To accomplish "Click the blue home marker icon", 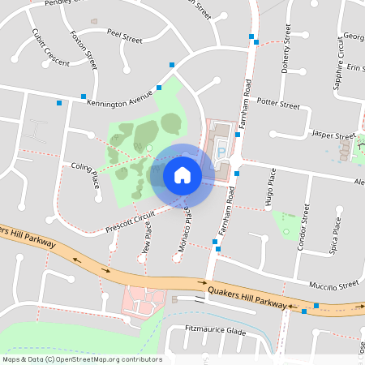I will click(182, 174).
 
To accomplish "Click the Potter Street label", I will click(278, 103).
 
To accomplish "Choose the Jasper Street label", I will click(334, 135).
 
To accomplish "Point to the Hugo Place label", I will click(273, 188).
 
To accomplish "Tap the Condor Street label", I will click(302, 227).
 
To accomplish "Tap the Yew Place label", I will click(146, 243).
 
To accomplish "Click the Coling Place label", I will click(84, 174).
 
